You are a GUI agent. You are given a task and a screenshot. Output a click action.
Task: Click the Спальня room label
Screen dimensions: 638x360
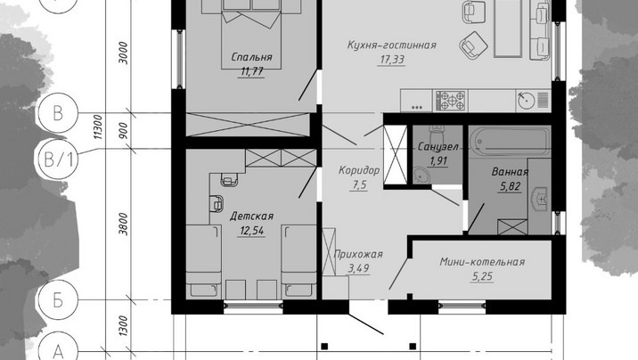pos(251,57)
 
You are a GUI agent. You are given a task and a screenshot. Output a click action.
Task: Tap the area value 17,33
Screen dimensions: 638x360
pos(392,60)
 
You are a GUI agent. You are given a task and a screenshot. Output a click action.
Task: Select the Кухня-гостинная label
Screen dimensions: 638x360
pos(392,45)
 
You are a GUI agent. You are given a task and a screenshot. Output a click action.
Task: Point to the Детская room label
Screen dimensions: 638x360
pos(251,216)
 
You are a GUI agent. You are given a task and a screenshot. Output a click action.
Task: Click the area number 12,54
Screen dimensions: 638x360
pos(252,231)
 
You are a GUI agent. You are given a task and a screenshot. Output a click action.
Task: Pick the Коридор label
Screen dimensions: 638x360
pos(359,170)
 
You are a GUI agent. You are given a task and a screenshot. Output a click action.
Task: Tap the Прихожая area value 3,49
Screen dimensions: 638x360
pos(358,268)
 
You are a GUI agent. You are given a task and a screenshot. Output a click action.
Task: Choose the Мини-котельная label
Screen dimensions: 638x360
pos(482,262)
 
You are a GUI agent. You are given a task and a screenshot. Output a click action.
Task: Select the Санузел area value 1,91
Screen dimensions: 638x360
pos(438,160)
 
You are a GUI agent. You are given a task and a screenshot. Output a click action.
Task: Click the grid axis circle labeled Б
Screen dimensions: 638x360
pos(58,299)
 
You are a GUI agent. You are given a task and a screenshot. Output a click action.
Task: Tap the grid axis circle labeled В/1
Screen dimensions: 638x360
pos(59,159)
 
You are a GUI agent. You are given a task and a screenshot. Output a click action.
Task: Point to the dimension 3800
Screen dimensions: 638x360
pos(124,225)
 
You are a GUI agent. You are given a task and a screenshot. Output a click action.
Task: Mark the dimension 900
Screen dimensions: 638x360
pos(124,130)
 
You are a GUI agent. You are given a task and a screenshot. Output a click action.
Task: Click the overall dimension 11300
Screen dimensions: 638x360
pos(99,127)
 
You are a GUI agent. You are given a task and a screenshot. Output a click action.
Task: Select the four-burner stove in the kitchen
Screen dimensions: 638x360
pos(450,101)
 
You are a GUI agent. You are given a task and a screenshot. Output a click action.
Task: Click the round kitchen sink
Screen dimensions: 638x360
pos(527,100)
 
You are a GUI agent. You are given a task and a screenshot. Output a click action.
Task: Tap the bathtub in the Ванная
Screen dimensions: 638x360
pos(510,142)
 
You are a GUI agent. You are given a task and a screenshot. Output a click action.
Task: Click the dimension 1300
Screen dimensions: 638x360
pos(124,326)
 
